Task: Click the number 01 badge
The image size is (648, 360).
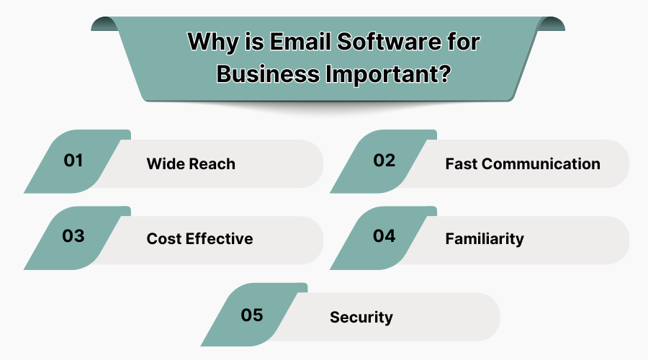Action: tap(73, 160)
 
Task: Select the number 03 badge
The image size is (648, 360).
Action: tap(73, 236)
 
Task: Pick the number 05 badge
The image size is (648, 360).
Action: tap(252, 315)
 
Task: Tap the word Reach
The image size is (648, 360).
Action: tap(213, 164)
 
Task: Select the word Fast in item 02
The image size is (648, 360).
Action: tap(462, 163)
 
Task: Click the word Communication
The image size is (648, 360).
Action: tap(541, 163)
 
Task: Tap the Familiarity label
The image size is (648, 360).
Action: tap(485, 238)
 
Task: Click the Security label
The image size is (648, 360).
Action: tap(361, 317)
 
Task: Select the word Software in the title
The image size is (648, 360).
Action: tap(382, 42)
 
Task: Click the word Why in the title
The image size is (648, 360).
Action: tap(210, 42)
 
